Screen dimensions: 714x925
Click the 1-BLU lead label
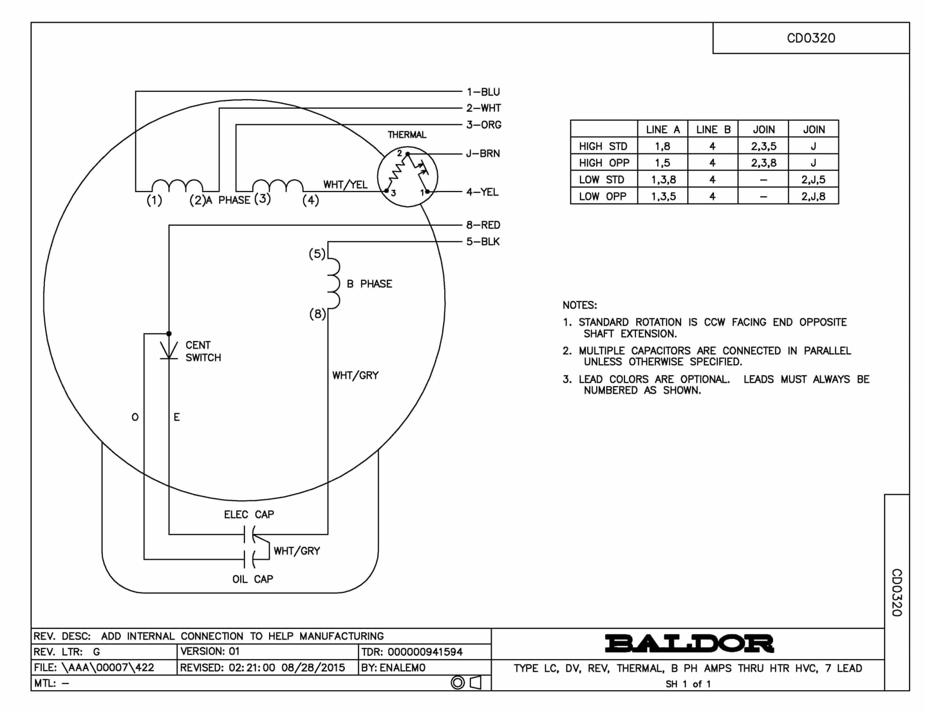click(483, 92)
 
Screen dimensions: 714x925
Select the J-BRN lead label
click(483, 153)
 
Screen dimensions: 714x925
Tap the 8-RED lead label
click(483, 225)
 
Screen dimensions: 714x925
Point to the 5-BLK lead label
click(483, 241)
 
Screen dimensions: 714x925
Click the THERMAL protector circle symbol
click(407, 177)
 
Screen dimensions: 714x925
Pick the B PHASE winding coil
click(333, 283)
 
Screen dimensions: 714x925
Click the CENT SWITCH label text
click(203, 351)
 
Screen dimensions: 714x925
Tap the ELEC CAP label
click(249, 515)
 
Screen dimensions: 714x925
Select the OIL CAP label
click(252, 579)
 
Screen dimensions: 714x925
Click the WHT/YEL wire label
click(345, 185)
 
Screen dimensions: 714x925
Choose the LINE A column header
click(663, 130)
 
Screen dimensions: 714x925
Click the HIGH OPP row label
click(604, 163)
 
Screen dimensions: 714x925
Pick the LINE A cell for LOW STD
click(663, 180)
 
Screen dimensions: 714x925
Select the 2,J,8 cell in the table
click(813, 196)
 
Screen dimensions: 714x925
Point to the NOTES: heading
click(579, 305)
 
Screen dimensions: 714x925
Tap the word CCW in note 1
click(714, 322)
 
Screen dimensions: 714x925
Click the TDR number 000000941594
click(425, 652)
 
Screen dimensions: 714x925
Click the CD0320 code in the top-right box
click(811, 38)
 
